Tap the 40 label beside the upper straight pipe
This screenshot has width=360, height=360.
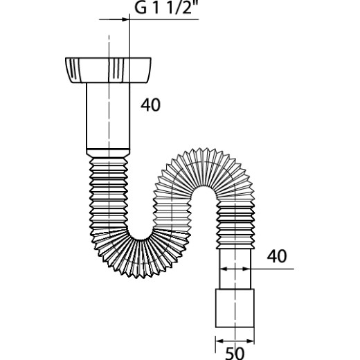tap(150, 105)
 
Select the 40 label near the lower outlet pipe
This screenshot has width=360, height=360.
tap(277, 256)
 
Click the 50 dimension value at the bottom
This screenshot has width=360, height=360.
tap(235, 353)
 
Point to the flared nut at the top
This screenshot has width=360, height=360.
tap(108, 70)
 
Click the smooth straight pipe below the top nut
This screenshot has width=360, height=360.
tap(108, 116)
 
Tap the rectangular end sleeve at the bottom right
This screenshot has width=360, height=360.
tap(235, 308)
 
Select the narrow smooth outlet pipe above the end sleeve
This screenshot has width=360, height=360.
tap(235, 269)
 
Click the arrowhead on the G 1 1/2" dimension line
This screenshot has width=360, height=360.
tap(125, 19)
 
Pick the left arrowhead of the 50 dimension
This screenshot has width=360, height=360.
tap(219, 341)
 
